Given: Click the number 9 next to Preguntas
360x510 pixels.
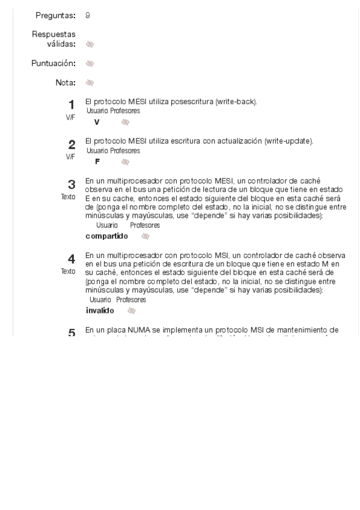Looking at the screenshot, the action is coord(88,15).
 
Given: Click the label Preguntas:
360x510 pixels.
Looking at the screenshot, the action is coord(56,15).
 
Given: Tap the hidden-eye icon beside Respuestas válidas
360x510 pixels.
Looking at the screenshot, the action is coord(90,44).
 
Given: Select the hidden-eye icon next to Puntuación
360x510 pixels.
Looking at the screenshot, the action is coord(90,63).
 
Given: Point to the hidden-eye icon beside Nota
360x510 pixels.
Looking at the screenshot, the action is coord(90,82).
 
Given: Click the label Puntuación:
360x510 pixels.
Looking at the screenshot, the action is coord(53,63).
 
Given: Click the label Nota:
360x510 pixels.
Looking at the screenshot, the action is coord(66,82).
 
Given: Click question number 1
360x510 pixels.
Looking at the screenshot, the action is coord(72,104).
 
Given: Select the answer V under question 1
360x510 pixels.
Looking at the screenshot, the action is coord(97,122).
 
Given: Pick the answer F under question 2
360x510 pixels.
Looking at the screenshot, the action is coord(97,162).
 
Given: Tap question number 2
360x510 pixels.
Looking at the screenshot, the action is coord(72,144).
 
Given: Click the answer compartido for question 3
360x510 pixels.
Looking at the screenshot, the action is coord(107,236).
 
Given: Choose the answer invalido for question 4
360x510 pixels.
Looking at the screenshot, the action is coord(100,311).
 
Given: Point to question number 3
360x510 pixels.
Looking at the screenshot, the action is coord(72,184).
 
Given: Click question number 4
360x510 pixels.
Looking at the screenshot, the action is coord(72,259).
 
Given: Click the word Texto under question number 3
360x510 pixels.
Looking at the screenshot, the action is coord(68,197).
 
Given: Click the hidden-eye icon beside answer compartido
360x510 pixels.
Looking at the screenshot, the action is coord(145,236).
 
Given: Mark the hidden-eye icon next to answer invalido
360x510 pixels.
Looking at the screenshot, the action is coord(131,311).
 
